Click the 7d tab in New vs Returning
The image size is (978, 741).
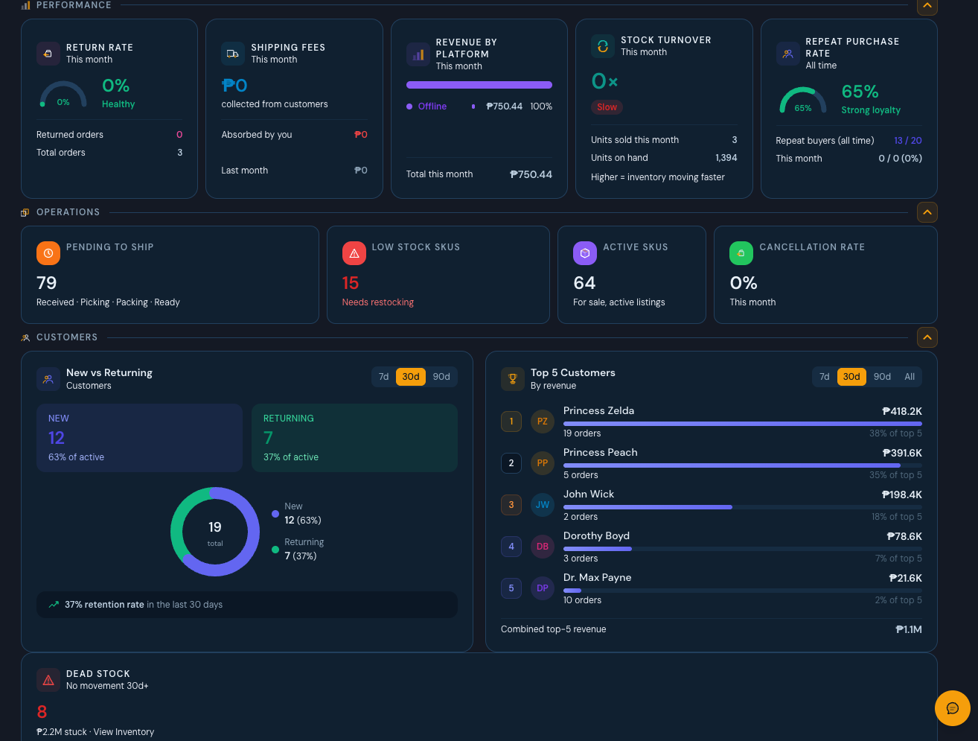click(383, 377)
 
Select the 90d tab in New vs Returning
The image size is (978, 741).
click(441, 377)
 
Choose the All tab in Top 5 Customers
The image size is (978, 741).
click(910, 377)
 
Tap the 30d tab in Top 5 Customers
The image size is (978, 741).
click(851, 377)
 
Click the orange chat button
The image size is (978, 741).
click(952, 708)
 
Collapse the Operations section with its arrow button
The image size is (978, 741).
click(927, 212)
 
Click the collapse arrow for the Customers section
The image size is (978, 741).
click(927, 337)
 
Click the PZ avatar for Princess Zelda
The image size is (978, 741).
click(543, 422)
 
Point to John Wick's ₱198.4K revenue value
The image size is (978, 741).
click(902, 494)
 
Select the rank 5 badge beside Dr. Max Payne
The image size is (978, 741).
click(511, 588)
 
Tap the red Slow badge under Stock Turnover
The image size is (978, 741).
click(607, 107)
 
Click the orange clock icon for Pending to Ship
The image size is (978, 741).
click(48, 253)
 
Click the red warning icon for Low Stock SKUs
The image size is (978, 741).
click(354, 253)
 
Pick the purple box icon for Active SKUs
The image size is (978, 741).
click(585, 253)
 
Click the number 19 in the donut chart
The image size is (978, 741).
click(215, 527)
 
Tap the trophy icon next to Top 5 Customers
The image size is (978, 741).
click(513, 379)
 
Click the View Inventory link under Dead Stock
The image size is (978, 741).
click(124, 731)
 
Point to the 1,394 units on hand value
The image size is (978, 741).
click(726, 158)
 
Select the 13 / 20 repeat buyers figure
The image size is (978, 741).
click(908, 141)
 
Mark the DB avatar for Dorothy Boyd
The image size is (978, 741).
click(543, 546)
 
